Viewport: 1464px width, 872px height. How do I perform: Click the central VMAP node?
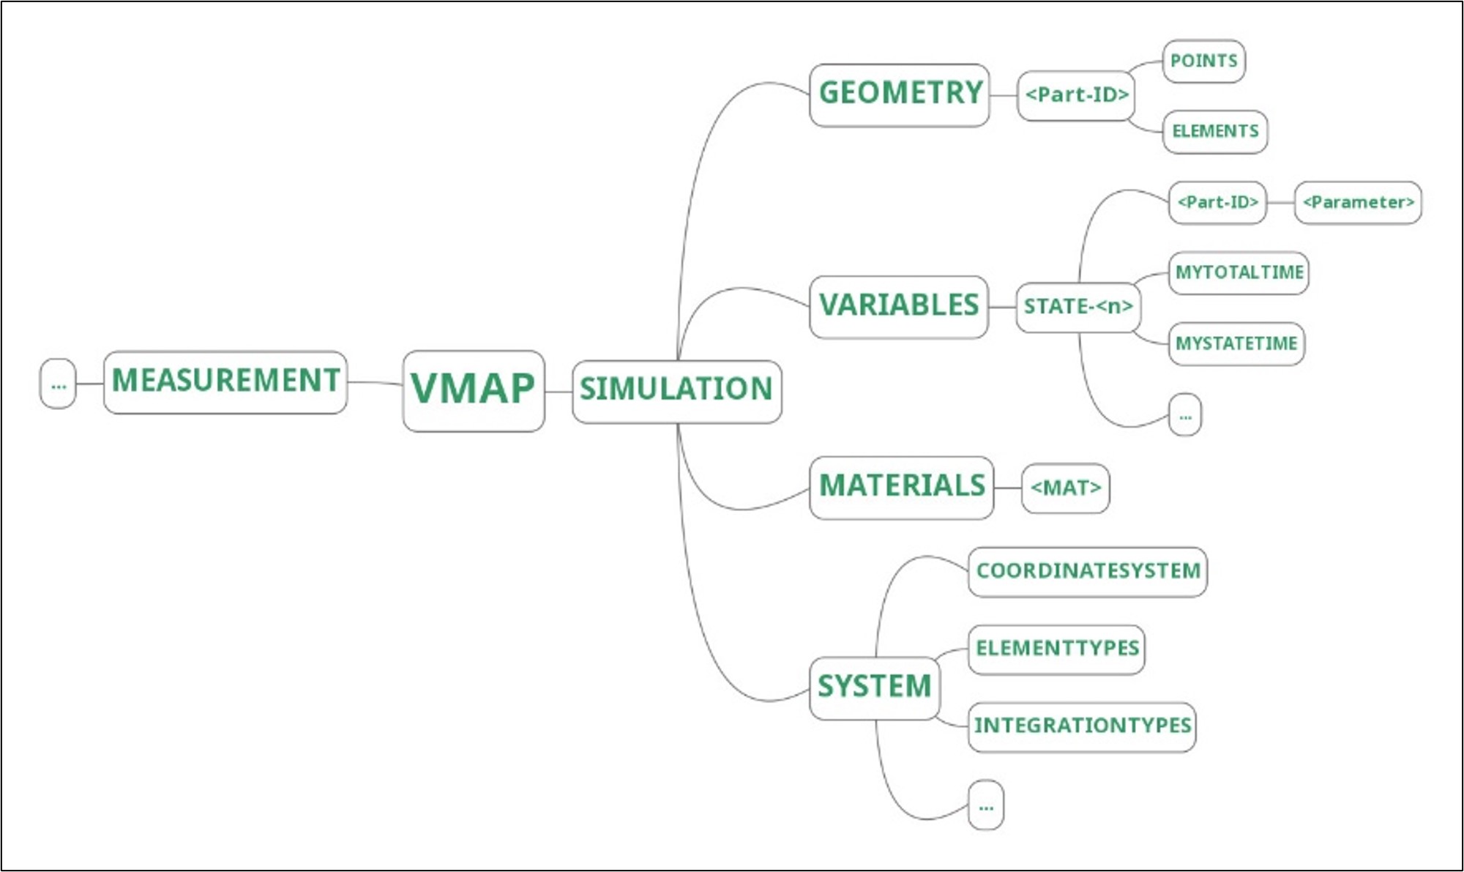point(473,390)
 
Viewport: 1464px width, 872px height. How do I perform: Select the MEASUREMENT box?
point(225,381)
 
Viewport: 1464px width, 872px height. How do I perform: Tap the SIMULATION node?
point(676,391)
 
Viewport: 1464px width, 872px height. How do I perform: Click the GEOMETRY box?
point(900,94)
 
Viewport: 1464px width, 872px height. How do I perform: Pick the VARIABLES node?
point(899,306)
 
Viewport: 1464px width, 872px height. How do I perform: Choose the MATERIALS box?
point(901,487)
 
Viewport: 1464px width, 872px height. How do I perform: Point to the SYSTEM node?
point(874,687)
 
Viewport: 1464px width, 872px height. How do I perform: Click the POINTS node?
point(1203,61)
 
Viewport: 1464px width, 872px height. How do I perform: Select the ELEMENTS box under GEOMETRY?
point(1215,132)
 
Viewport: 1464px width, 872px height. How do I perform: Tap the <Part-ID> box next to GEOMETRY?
point(1076,95)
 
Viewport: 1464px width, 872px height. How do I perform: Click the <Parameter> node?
point(1358,203)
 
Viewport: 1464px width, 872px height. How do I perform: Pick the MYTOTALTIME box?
point(1239,273)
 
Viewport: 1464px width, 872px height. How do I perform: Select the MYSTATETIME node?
point(1236,343)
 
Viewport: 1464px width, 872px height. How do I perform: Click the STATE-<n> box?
point(1078,307)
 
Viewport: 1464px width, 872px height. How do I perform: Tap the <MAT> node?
point(1065,488)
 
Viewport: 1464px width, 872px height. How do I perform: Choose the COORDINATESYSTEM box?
point(1088,572)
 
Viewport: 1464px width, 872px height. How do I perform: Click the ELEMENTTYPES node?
point(1056,649)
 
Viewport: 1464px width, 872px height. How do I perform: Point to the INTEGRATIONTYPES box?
point(1082,726)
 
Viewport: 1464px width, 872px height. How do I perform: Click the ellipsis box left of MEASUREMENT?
point(58,384)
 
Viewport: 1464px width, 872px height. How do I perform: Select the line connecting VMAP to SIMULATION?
point(559,392)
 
